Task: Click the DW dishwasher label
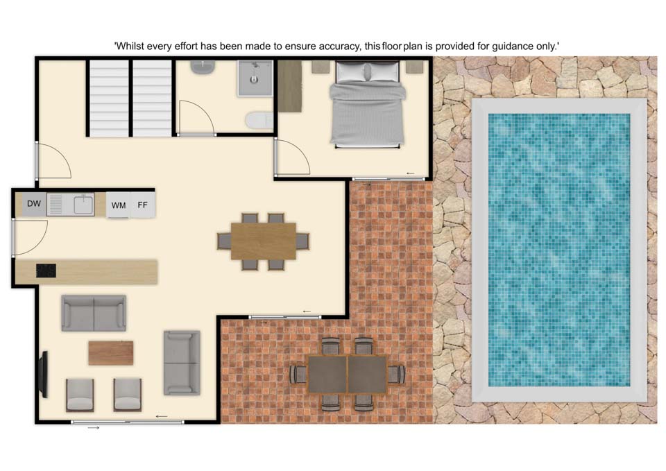coord(34,204)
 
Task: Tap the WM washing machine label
coord(119,205)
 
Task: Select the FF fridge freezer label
coord(142,205)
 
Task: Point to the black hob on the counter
coord(46,271)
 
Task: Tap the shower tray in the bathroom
coord(255,78)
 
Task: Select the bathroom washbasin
coord(203,67)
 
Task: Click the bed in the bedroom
coord(368,104)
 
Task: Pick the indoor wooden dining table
coord(264,241)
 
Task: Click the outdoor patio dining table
coord(348,375)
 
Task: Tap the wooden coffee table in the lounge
coord(111,353)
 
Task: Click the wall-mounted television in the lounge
coord(43,375)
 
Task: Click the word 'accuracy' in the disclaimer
coord(340,46)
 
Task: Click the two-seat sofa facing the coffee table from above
coord(94,313)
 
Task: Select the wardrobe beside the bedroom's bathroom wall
coord(290,86)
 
